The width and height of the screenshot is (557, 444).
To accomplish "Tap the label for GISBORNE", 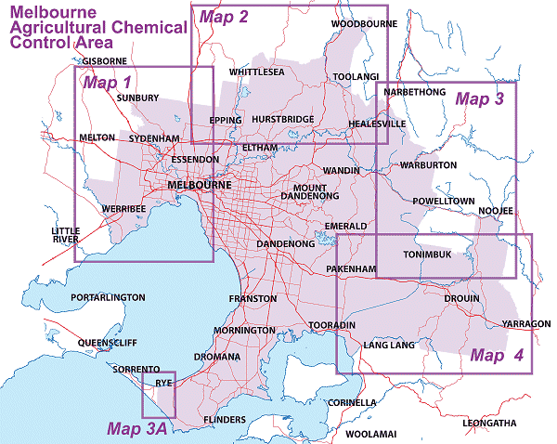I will point(104,61).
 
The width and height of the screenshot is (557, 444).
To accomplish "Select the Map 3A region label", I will point(136,428).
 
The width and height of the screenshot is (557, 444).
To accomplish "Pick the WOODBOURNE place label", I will point(357,22).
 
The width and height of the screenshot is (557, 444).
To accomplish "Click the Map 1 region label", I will point(107,83).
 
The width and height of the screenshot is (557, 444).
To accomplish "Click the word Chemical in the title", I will point(148,28).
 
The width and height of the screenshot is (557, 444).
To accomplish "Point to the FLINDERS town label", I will point(223,420).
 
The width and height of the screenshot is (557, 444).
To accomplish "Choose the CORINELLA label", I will point(351,402).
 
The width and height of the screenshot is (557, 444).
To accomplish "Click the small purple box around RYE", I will point(158,395).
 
